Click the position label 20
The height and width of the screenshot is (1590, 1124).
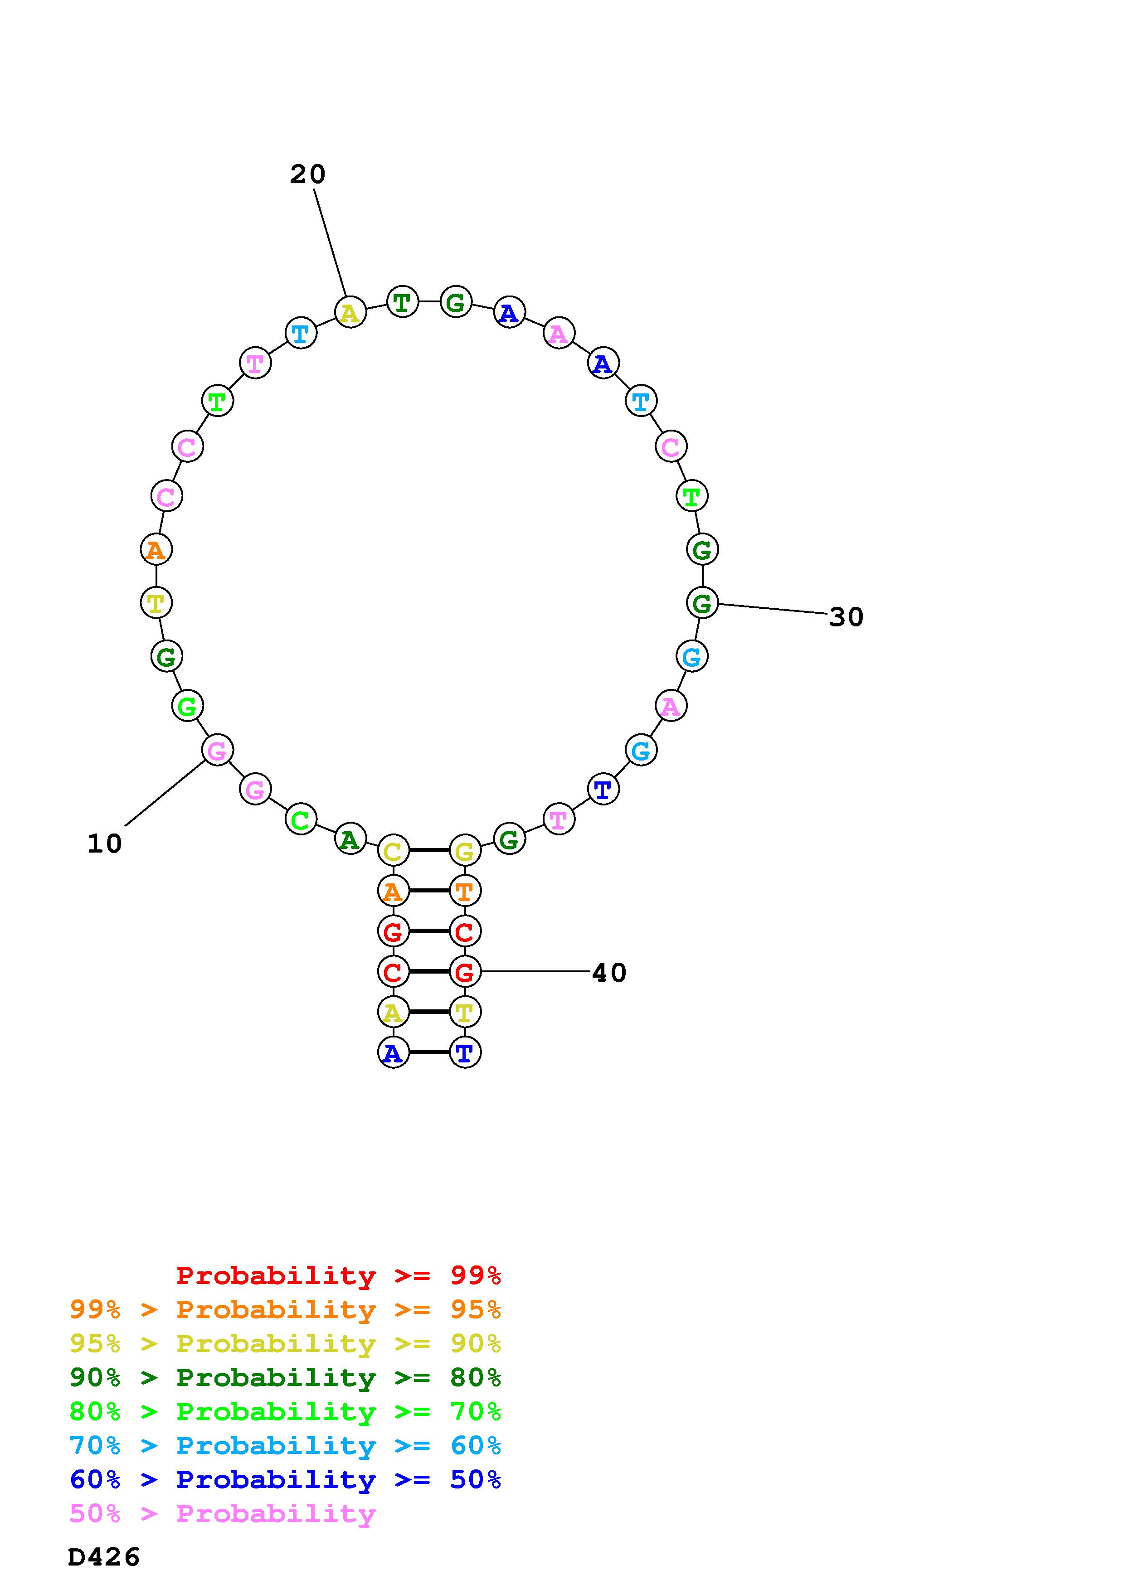pos(307,175)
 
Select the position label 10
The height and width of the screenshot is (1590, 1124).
pos(105,843)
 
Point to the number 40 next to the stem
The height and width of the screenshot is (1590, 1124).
pos(609,973)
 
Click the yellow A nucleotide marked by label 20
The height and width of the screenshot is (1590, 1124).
pos(350,312)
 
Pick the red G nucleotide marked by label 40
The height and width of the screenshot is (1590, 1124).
pos(465,972)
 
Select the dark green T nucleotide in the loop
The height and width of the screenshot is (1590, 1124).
pos(402,302)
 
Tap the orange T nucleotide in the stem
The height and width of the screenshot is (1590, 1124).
pos(465,891)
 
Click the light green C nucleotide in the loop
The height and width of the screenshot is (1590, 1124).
pos(301,820)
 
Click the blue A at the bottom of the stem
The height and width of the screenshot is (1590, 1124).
pos(393,1052)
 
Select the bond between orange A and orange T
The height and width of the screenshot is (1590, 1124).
pos(428,891)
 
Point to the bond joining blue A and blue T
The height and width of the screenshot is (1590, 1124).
pos(428,1052)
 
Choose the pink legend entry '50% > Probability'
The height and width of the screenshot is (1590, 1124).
pos(222,1514)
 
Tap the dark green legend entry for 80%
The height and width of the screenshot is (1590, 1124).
pos(285,1377)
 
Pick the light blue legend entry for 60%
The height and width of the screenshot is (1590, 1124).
pos(285,1445)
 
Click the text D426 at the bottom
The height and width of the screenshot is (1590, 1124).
pos(104,1557)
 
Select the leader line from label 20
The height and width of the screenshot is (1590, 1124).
pos(330,242)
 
